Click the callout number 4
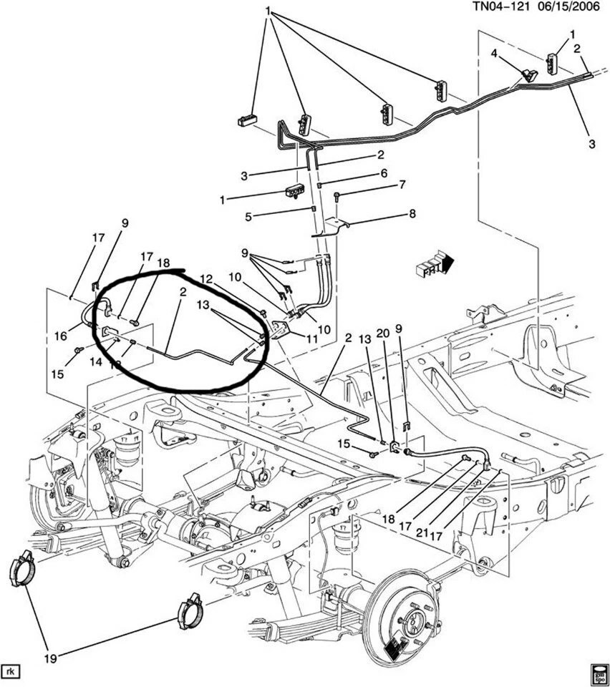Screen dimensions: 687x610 (x=494, y=54)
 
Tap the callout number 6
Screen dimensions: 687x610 (x=383, y=173)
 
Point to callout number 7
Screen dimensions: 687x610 (x=402, y=185)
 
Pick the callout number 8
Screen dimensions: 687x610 (x=412, y=213)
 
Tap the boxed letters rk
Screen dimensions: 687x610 (x=10, y=671)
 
